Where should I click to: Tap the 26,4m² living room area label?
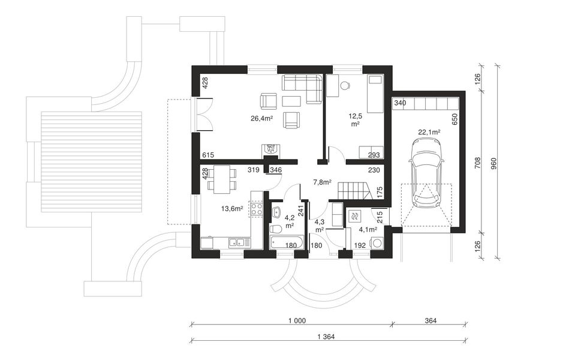262,118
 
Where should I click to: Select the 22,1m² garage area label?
430,132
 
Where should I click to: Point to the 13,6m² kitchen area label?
232,209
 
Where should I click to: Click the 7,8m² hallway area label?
322,182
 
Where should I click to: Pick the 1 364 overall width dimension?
326,337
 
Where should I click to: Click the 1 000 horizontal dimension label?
297,321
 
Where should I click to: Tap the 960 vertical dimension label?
495,163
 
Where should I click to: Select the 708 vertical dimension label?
477,163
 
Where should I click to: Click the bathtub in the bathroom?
287,243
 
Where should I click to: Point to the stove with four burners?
256,209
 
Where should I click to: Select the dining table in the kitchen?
222,179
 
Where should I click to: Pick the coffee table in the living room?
291,100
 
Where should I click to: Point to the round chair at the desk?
345,86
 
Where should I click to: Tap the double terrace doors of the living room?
204,115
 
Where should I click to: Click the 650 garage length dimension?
454,119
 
